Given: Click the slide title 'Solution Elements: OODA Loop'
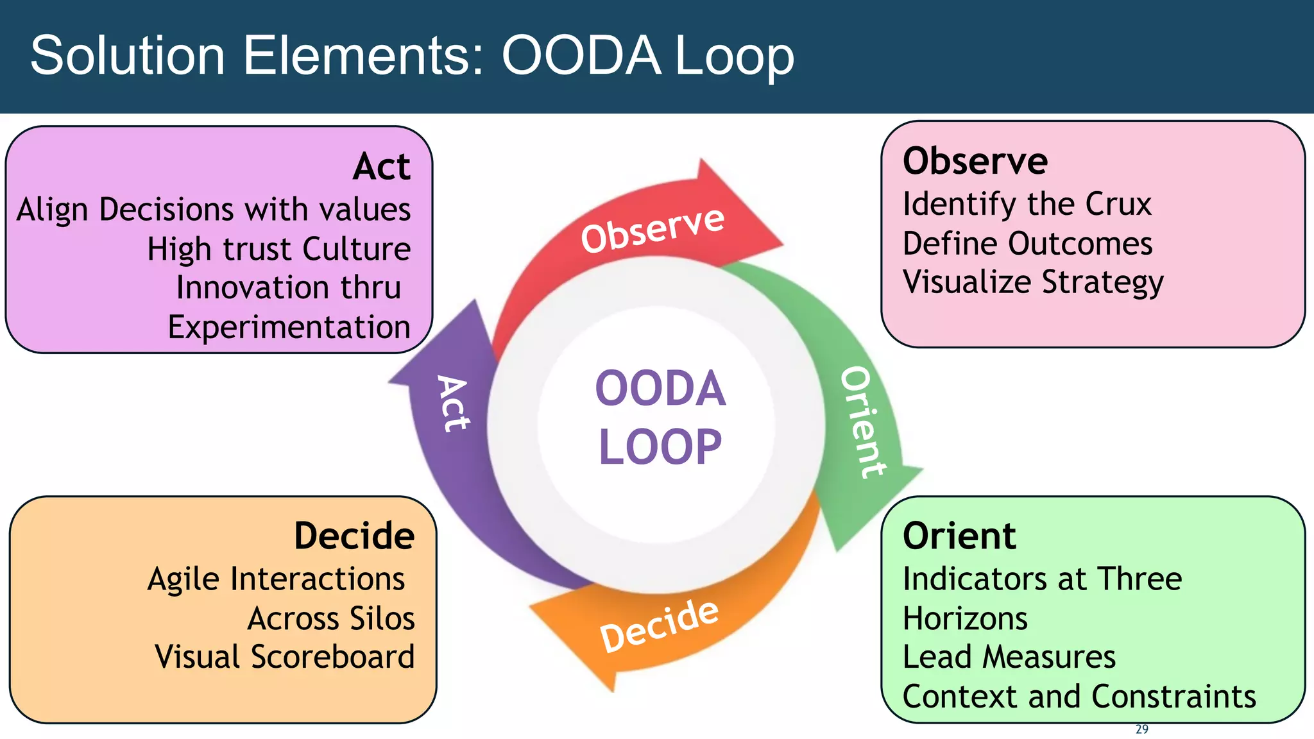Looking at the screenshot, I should pyautogui.click(x=412, y=56).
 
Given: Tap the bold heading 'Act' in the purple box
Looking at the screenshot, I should pyautogui.click(x=381, y=167).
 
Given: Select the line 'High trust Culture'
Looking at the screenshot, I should pyautogui.click(x=278, y=249).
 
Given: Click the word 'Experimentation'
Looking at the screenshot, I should pyautogui.click(x=289, y=327).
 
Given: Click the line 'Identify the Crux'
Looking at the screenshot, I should pyautogui.click(x=1027, y=204).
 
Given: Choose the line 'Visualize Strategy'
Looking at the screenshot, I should pyautogui.click(x=1032, y=282).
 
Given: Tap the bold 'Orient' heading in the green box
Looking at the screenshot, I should pyautogui.click(x=959, y=536).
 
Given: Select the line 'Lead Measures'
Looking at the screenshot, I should pyautogui.click(x=1009, y=657).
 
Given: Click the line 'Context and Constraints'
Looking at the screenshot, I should pyautogui.click(x=1079, y=697).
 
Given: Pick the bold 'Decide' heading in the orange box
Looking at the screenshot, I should pyautogui.click(x=354, y=536).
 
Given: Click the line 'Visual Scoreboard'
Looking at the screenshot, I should pyautogui.click(x=284, y=657).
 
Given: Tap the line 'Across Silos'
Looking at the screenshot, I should pyautogui.click(x=331, y=618).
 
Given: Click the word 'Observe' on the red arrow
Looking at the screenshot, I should pyautogui.click(x=652, y=229).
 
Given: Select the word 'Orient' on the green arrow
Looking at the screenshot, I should pyautogui.click(x=864, y=422).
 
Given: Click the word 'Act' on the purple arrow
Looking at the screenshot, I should pyautogui.click(x=453, y=403).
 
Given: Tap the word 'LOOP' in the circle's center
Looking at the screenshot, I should pyautogui.click(x=660, y=446).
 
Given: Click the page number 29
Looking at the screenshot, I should pyautogui.click(x=1141, y=729).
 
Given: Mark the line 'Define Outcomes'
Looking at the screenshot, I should pyautogui.click(x=1027, y=244).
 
